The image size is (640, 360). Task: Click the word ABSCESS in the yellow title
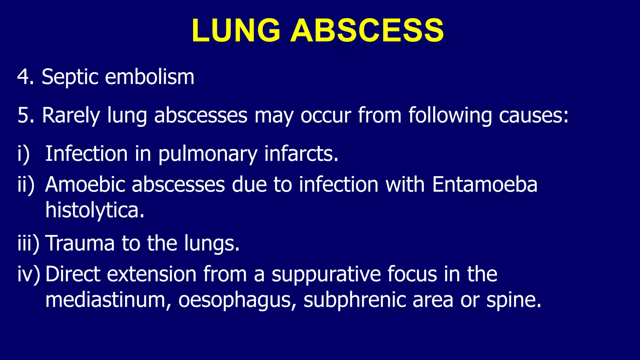click(367, 30)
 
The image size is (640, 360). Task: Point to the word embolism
click(150, 77)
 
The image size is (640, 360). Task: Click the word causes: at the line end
click(533, 115)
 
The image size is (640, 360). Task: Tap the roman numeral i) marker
click(23, 154)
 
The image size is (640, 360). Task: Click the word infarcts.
click(301, 154)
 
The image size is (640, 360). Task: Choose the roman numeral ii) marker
click(26, 185)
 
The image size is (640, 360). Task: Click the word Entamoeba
click(485, 184)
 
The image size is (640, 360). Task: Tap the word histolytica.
click(95, 210)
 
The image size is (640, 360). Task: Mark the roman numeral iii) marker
click(28, 243)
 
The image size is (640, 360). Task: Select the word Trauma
click(80, 243)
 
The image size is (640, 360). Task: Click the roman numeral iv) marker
click(29, 274)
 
